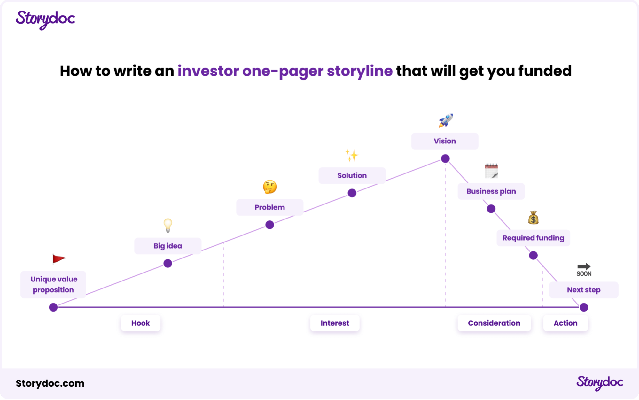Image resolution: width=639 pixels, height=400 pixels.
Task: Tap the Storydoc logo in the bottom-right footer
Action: pos(600,382)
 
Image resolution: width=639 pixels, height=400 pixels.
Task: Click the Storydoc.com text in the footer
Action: pos(50,383)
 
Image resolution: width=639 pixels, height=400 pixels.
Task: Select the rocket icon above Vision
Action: pos(446,120)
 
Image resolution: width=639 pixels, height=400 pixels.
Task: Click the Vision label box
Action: pos(445,141)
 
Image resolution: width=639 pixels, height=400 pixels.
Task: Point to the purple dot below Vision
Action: pos(445,158)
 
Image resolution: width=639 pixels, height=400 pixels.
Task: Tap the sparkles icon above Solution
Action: pos(352,155)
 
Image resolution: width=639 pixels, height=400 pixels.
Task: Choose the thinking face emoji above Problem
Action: pos(270,187)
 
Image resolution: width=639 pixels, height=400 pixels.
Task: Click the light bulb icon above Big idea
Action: pos(168,225)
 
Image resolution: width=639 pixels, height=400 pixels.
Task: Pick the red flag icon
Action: pos(58,259)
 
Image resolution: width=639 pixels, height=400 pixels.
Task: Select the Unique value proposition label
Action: pos(54,284)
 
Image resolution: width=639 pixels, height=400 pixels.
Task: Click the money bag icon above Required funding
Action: pos(533,218)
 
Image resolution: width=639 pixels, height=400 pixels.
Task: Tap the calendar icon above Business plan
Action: pos(491,171)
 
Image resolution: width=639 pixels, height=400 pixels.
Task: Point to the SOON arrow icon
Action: pos(584,270)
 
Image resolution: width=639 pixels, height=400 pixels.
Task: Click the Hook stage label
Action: pos(141,323)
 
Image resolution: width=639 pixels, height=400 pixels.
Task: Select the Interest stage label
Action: pos(335,323)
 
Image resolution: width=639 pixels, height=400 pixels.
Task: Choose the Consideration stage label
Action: pos(494,323)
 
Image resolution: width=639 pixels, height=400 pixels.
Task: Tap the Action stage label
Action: pos(565,323)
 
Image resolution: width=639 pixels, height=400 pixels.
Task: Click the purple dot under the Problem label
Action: pos(270,225)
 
